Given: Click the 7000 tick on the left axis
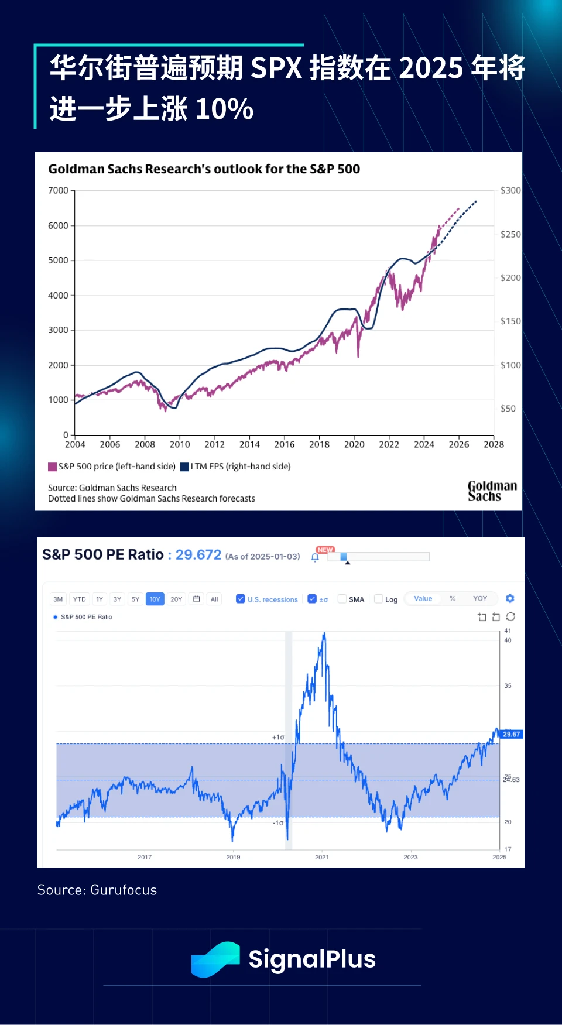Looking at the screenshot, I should click(59, 191).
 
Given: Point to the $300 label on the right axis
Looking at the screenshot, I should click(510, 191).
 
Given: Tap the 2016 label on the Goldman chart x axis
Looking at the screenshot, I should click(285, 445).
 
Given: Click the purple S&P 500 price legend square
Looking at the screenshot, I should click(53, 467).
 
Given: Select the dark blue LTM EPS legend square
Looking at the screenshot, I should click(184, 467).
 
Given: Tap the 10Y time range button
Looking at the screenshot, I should click(155, 599).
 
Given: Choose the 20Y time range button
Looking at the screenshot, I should click(176, 599).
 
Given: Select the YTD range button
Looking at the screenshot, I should click(79, 599).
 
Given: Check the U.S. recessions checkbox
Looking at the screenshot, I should click(241, 599).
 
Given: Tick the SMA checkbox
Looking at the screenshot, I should click(342, 599).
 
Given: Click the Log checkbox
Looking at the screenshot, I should click(379, 599).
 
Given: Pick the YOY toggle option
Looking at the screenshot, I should click(480, 599).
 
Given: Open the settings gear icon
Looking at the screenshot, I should click(510, 599).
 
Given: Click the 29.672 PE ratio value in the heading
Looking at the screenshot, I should click(198, 555).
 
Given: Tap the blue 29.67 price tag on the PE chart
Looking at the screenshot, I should click(511, 735).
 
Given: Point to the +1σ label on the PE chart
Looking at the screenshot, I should click(278, 738).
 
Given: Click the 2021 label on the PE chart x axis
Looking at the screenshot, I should click(322, 858).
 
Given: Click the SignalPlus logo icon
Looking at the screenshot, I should click(215, 959).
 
